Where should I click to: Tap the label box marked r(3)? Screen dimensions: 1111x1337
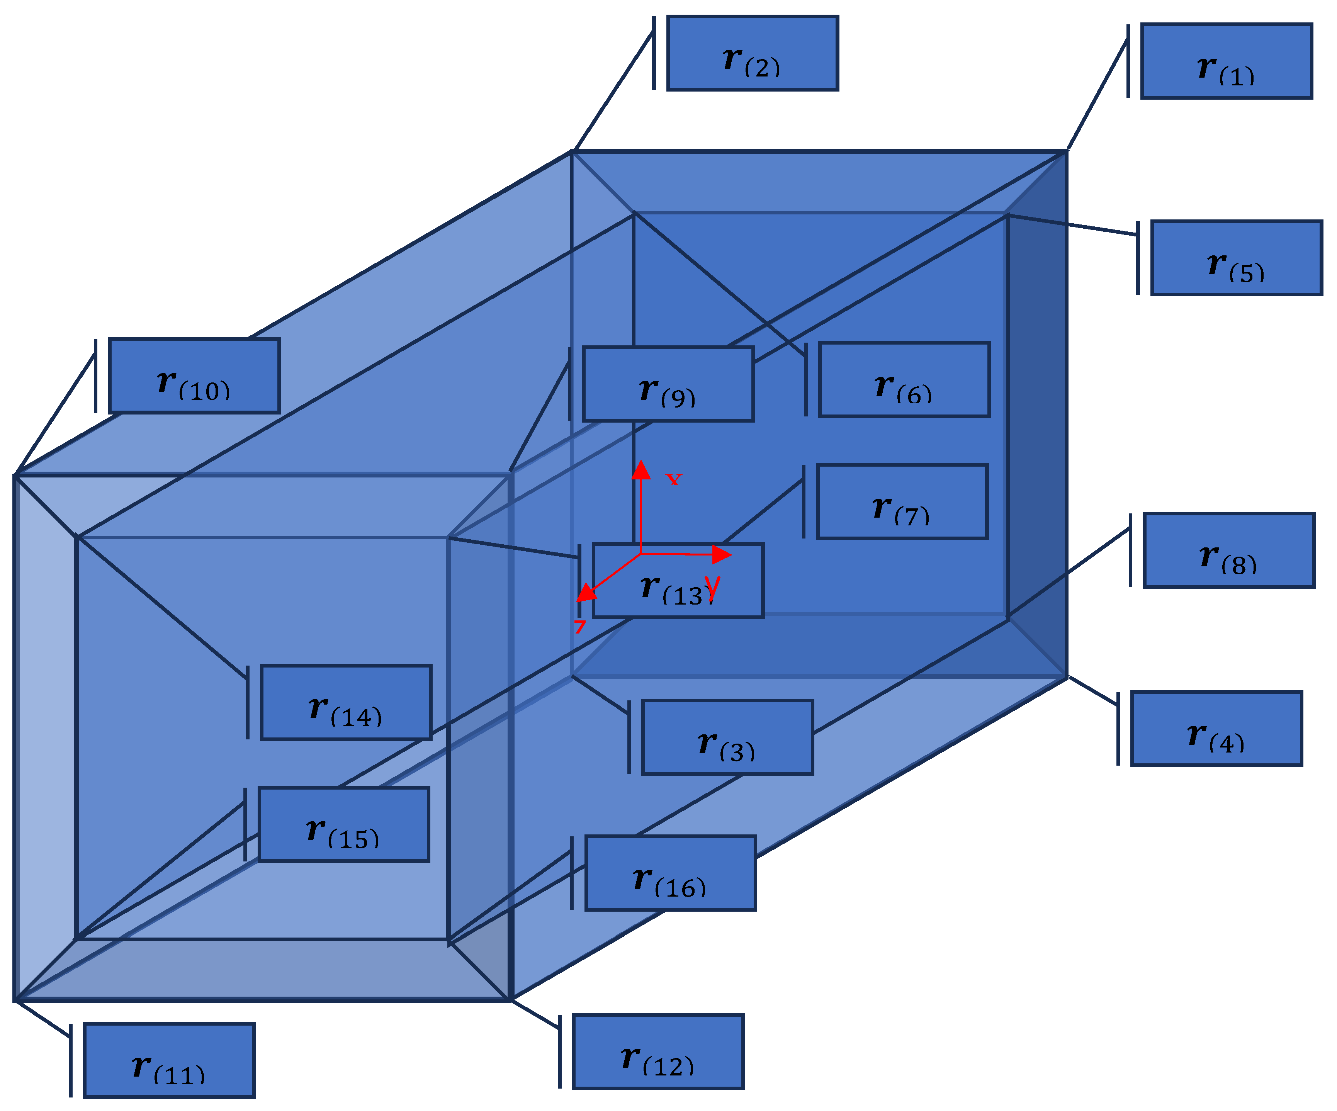point(727,737)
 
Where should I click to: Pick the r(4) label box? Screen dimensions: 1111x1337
point(1216,728)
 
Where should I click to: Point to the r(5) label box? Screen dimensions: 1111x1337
point(1237,258)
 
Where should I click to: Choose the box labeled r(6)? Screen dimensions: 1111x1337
point(904,379)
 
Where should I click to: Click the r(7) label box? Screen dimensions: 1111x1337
point(902,502)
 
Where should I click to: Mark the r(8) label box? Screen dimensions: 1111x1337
point(1229,550)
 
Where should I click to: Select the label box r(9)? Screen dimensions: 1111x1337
point(668,384)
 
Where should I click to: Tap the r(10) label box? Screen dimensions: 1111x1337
point(194,375)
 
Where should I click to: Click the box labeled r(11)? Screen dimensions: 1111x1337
point(169,1060)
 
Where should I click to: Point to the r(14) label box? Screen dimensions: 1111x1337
point(346,702)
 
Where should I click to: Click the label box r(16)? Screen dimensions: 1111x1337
point(670,873)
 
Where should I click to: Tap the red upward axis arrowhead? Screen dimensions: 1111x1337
point(641,471)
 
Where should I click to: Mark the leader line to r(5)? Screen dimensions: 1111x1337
point(1073,225)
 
